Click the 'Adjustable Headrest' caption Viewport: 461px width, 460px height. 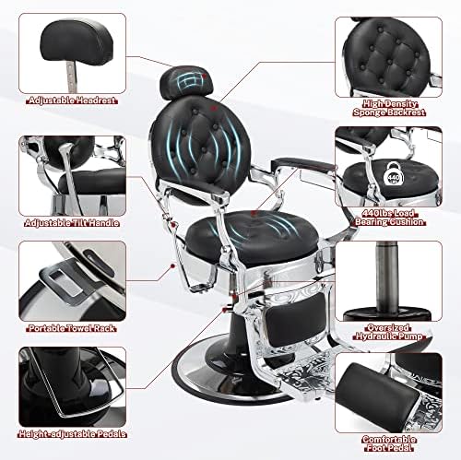point(72,100)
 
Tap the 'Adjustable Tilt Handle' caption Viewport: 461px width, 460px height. point(72,223)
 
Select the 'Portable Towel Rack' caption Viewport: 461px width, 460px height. point(72,328)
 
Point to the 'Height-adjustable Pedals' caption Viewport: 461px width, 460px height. point(72,434)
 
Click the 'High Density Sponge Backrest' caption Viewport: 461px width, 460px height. point(389,108)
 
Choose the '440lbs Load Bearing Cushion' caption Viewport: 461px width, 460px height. point(389,218)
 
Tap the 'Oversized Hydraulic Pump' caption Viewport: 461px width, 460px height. point(389,332)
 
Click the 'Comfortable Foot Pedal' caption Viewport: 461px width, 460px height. point(389,443)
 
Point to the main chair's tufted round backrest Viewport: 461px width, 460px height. point(201,147)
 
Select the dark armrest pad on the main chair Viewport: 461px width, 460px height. point(302,164)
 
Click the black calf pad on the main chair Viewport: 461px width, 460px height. point(296,319)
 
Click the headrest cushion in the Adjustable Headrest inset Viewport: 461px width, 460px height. point(77,41)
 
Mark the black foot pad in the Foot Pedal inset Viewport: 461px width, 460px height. point(376,398)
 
